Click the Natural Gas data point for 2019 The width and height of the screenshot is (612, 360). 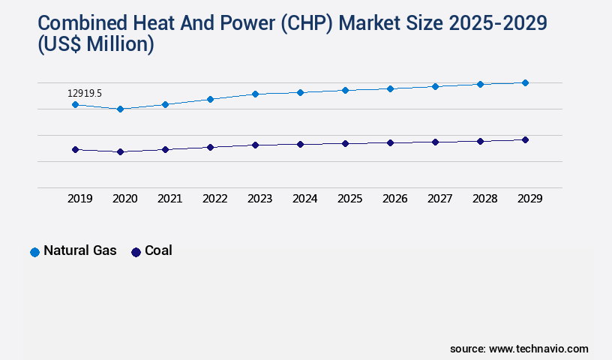click(x=75, y=104)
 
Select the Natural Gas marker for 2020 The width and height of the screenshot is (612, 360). click(x=120, y=109)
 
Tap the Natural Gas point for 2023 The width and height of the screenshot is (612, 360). click(x=255, y=94)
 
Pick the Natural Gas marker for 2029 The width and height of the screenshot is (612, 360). click(x=525, y=82)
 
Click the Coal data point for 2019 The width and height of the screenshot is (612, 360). click(x=75, y=149)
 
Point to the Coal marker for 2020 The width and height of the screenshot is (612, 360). click(x=120, y=151)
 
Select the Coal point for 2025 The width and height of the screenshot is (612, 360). click(x=345, y=143)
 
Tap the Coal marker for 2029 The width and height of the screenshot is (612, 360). click(x=525, y=139)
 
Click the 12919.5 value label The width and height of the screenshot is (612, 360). click(x=84, y=93)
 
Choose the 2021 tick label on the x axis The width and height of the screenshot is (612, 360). click(x=169, y=199)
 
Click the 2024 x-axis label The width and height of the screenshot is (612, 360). click(x=304, y=199)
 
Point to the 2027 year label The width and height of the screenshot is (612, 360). click(x=439, y=199)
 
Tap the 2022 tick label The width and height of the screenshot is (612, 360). click(x=214, y=199)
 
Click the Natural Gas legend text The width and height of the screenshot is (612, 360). click(x=80, y=250)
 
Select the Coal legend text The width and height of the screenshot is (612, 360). click(x=158, y=250)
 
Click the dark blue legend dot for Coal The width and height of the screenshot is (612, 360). click(x=136, y=252)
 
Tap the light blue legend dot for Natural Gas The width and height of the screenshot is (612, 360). click(x=34, y=252)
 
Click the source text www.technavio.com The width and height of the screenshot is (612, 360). click(x=538, y=349)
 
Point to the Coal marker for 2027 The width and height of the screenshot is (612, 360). click(x=435, y=142)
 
